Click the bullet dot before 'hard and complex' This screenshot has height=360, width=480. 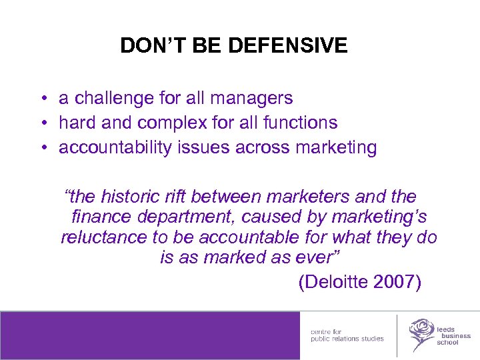(x=42, y=123)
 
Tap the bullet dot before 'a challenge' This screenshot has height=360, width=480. (x=42, y=99)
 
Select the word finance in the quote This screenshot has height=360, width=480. (x=104, y=217)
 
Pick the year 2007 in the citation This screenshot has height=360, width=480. (x=396, y=282)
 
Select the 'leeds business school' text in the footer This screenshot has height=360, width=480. (x=453, y=335)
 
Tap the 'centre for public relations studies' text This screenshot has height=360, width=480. (x=347, y=335)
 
